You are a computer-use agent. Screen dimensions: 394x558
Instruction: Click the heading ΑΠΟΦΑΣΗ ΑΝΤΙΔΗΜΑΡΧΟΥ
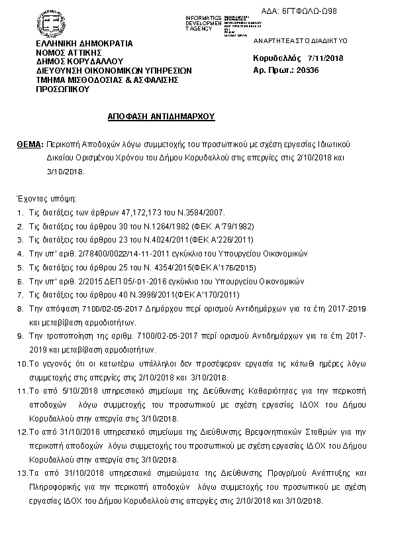pyautogui.click(x=162, y=115)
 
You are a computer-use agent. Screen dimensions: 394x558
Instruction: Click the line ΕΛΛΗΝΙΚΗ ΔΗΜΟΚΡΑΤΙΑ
pyautogui.click(x=84, y=43)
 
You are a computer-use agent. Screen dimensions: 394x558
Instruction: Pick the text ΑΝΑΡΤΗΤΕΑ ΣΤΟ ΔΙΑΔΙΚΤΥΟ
pyautogui.click(x=291, y=40)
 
